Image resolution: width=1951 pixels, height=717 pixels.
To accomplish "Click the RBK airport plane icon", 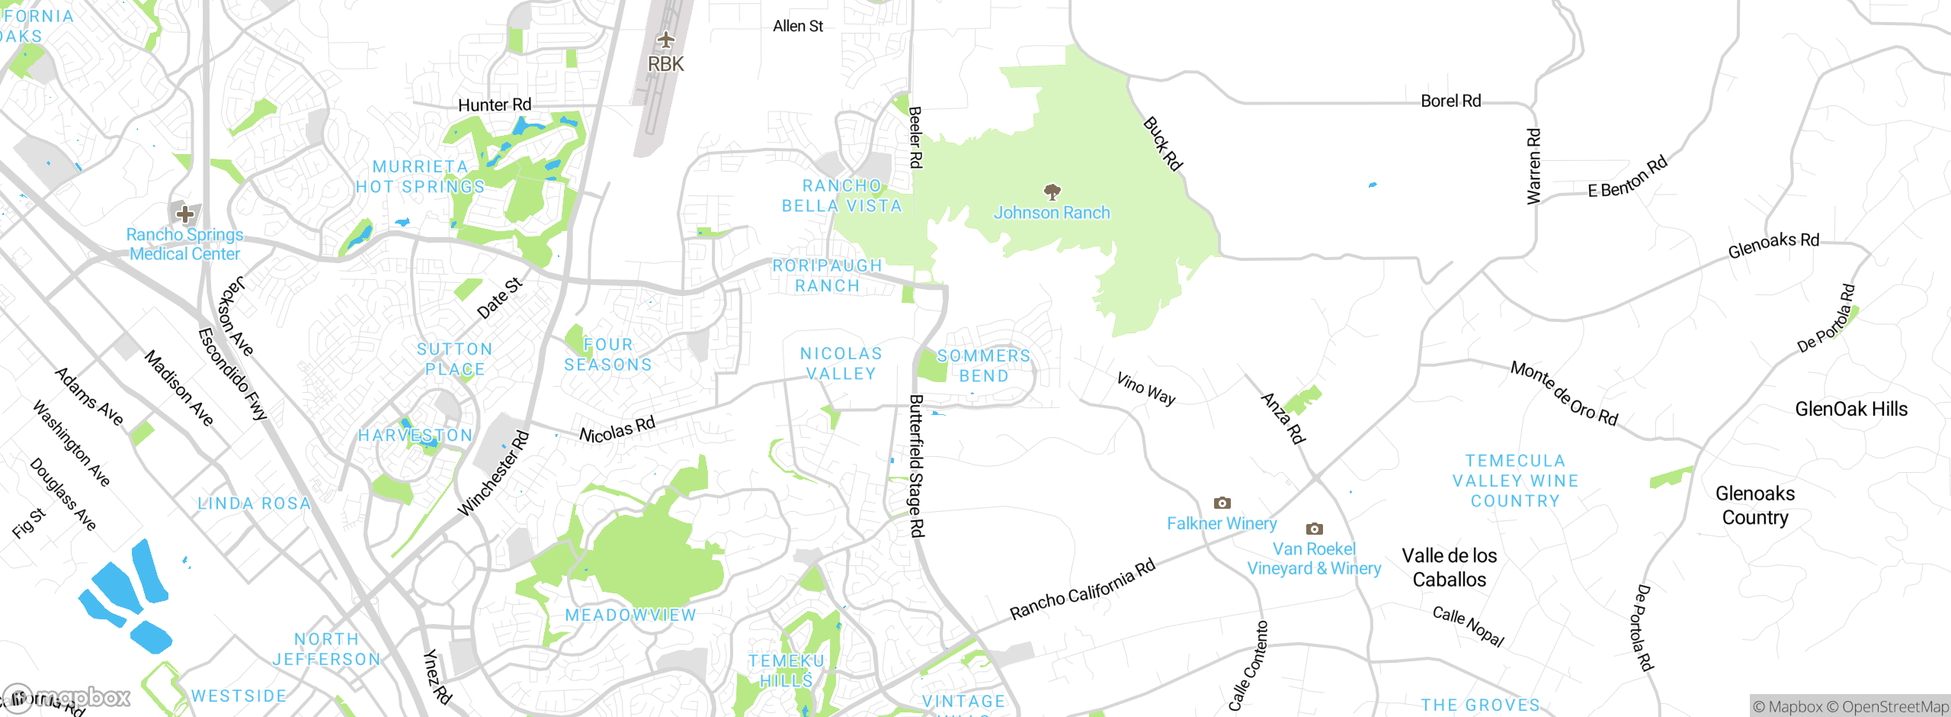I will coord(666,40).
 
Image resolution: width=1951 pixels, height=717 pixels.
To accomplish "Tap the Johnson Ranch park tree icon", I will coord(1052,191).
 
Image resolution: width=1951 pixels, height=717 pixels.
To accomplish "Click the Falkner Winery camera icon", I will coord(1222,503).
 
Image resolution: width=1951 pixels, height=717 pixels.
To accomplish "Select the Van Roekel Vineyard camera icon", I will coord(1314,529).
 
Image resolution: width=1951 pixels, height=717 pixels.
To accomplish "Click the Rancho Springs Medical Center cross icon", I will coord(184,214).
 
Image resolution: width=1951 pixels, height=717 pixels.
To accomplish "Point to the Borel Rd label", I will coord(1450,101).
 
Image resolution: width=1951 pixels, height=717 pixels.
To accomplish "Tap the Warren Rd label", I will coord(1533,166).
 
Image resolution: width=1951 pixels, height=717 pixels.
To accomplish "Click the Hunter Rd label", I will coord(494,104).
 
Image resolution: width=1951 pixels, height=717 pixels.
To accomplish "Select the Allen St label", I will coord(797,26).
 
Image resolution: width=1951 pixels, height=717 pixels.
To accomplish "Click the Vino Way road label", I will coord(1145,388).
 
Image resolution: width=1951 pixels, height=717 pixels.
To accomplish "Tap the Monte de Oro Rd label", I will coord(1564,393).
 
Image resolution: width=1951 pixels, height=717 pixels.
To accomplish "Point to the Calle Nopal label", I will coord(1468,626).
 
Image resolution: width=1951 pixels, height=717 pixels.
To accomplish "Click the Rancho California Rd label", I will coord(1082,590).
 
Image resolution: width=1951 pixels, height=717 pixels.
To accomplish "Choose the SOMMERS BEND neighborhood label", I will coord(983,366).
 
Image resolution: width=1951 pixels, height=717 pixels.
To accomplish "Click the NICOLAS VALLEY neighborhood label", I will coord(841,364).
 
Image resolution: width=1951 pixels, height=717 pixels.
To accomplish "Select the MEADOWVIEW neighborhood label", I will coord(630,615).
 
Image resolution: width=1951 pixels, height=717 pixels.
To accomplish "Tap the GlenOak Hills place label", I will coord(1850,409).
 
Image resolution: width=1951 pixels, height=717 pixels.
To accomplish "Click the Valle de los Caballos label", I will coord(1449,567).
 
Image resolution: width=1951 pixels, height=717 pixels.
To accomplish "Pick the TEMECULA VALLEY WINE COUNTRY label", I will coord(1514,481).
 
